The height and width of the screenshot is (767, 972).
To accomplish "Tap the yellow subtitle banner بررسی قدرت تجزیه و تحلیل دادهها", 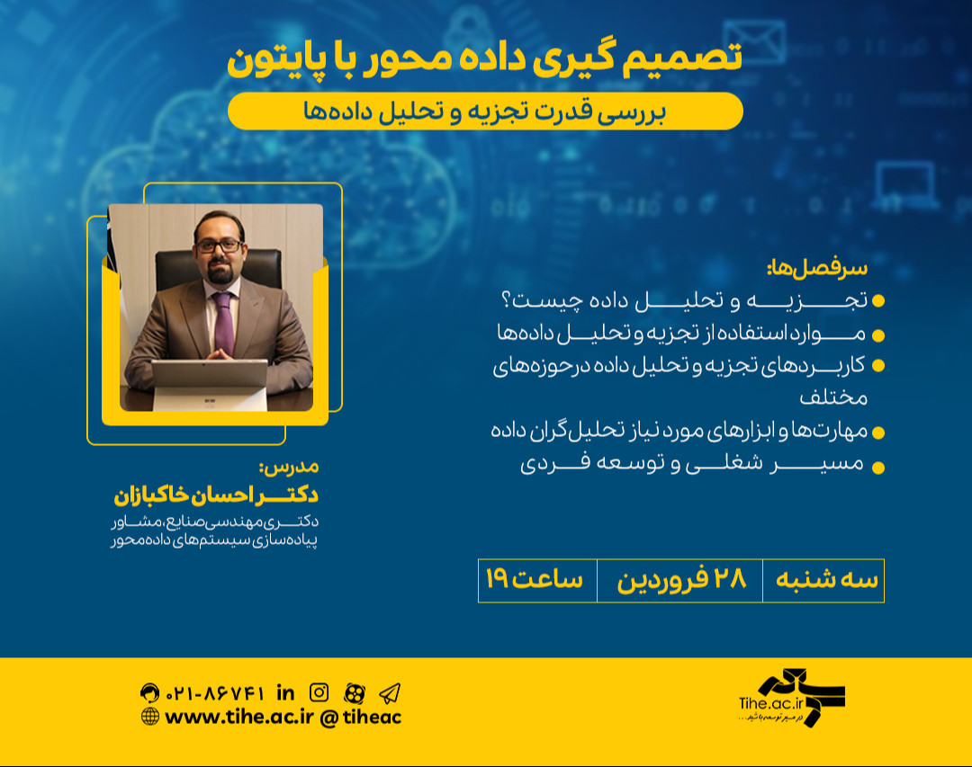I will [485, 111].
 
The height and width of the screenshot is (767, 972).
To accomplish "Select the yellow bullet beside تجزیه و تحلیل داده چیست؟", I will [878, 299].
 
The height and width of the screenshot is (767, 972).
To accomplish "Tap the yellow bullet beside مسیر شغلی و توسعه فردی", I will [878, 467].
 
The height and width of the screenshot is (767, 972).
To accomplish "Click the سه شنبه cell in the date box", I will [823, 581].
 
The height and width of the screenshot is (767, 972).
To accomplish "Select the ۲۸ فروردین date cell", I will [680, 581].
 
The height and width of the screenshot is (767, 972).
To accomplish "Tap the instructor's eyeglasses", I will [217, 245].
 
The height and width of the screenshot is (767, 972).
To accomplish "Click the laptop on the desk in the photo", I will [209, 381].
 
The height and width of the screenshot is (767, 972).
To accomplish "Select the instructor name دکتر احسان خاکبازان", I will [216, 495].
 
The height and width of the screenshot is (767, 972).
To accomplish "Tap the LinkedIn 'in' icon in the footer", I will [286, 691].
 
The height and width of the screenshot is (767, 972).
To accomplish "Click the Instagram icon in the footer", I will [319, 692].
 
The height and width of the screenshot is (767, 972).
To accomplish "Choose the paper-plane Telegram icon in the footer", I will [389, 692].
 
